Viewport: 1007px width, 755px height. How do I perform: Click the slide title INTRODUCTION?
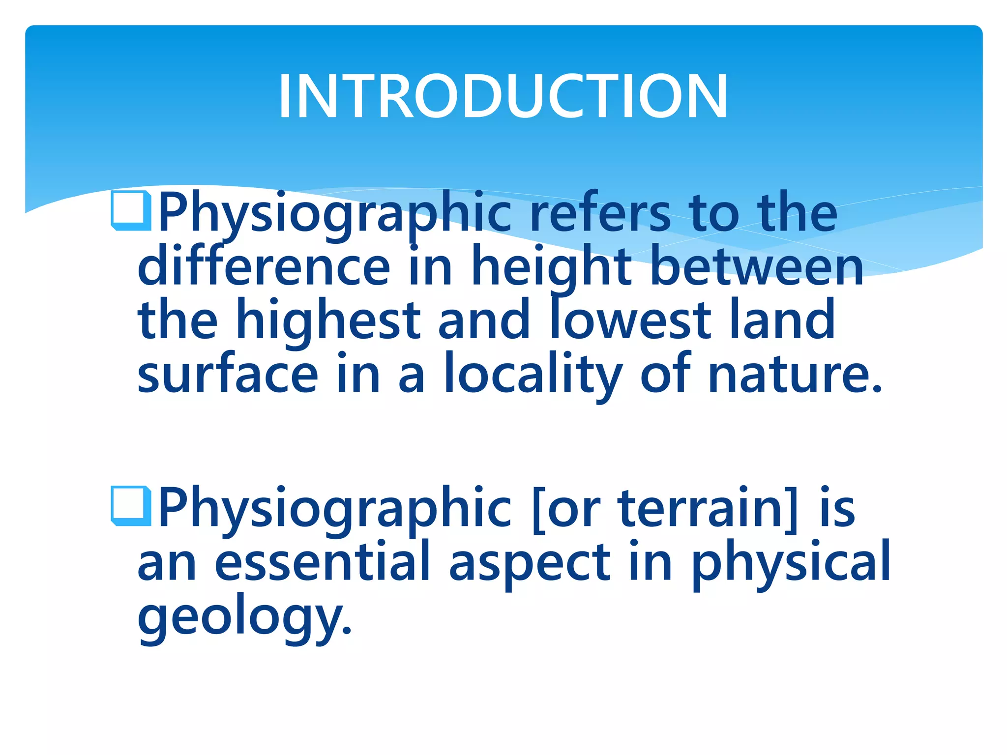[503, 96]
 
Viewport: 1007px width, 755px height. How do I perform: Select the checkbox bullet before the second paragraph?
[131, 506]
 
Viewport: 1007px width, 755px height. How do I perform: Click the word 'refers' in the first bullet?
[600, 212]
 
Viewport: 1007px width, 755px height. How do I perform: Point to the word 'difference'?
[264, 266]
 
